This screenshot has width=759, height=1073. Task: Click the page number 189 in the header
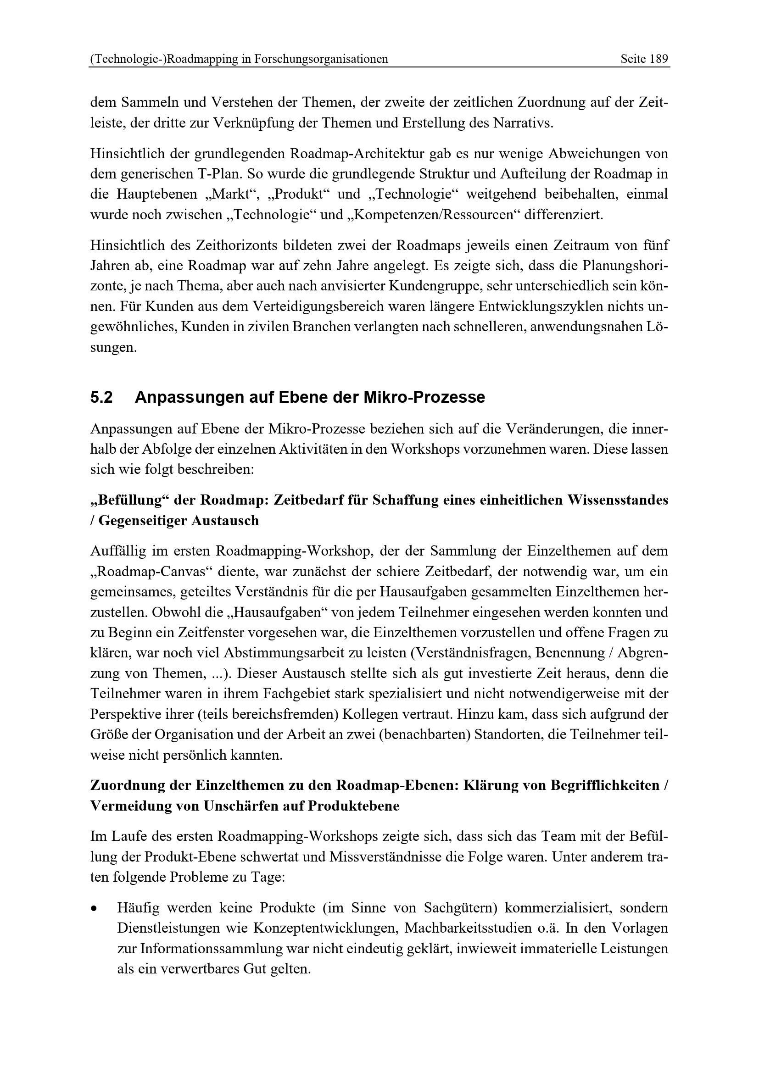[659, 59]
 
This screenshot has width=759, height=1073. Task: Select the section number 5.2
[101, 397]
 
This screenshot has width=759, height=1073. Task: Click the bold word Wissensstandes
[617, 500]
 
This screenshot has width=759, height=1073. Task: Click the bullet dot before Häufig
[95, 909]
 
